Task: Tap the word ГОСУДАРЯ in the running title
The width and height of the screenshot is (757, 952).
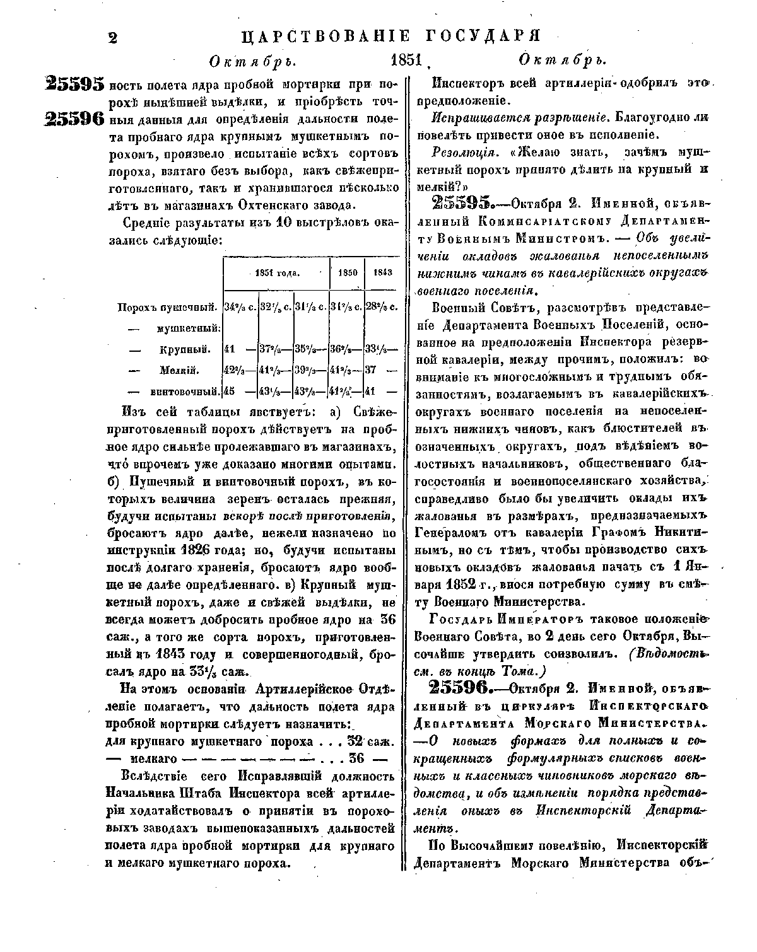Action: (483, 35)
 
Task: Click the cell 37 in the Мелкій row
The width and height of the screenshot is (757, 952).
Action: (372, 370)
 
